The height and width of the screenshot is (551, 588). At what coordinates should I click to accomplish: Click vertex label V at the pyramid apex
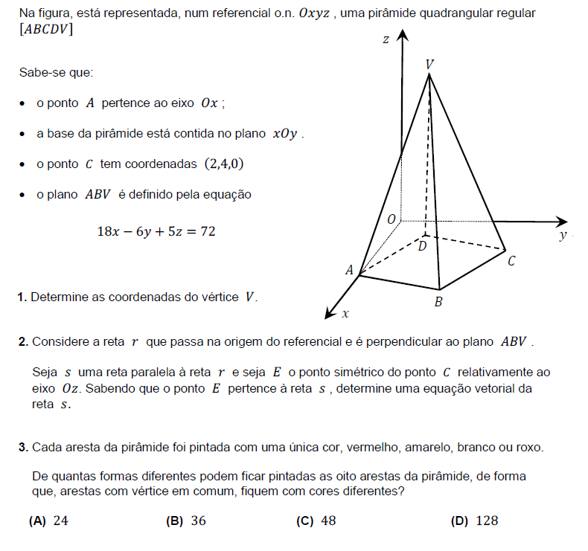click(x=429, y=65)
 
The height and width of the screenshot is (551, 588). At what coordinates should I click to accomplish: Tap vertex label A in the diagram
click(x=349, y=271)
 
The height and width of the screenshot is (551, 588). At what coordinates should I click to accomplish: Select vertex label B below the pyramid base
click(x=438, y=302)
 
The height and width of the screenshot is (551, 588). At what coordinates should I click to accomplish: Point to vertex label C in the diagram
click(x=511, y=262)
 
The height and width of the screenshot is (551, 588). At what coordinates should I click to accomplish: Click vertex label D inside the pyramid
click(x=421, y=246)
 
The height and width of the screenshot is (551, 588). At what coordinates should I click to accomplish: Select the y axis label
click(x=563, y=235)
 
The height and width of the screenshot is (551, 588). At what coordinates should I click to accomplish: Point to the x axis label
click(x=345, y=315)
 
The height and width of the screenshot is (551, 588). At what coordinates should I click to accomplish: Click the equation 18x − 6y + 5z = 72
click(x=156, y=231)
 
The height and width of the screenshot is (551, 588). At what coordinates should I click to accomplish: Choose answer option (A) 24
click(x=48, y=521)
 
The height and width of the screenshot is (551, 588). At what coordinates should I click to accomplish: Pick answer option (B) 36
click(x=186, y=521)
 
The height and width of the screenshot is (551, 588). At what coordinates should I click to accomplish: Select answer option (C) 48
click(x=316, y=521)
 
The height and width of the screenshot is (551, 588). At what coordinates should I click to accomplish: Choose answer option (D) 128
click(x=474, y=521)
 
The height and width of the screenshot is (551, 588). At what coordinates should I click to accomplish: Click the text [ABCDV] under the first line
click(x=45, y=32)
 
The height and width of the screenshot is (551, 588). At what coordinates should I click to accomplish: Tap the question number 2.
click(x=25, y=342)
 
